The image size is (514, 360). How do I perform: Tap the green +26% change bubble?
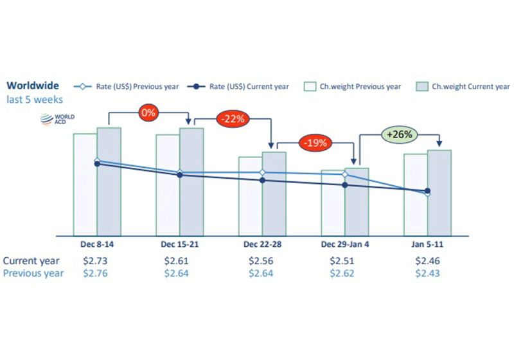pos(400,134)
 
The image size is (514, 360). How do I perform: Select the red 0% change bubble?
pos(148,113)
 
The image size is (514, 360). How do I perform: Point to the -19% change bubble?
pos(316,143)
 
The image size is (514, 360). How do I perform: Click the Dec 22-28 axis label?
pos(261,245)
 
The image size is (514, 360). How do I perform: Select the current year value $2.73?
pos(96,261)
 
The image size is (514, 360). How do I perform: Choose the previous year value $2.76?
pos(96,273)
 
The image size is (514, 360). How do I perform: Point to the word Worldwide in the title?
pos(32,85)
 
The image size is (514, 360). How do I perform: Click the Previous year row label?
pos(33,273)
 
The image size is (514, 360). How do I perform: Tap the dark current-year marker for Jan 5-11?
pos(427,191)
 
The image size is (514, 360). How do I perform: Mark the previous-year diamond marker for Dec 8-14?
pos(97,161)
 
